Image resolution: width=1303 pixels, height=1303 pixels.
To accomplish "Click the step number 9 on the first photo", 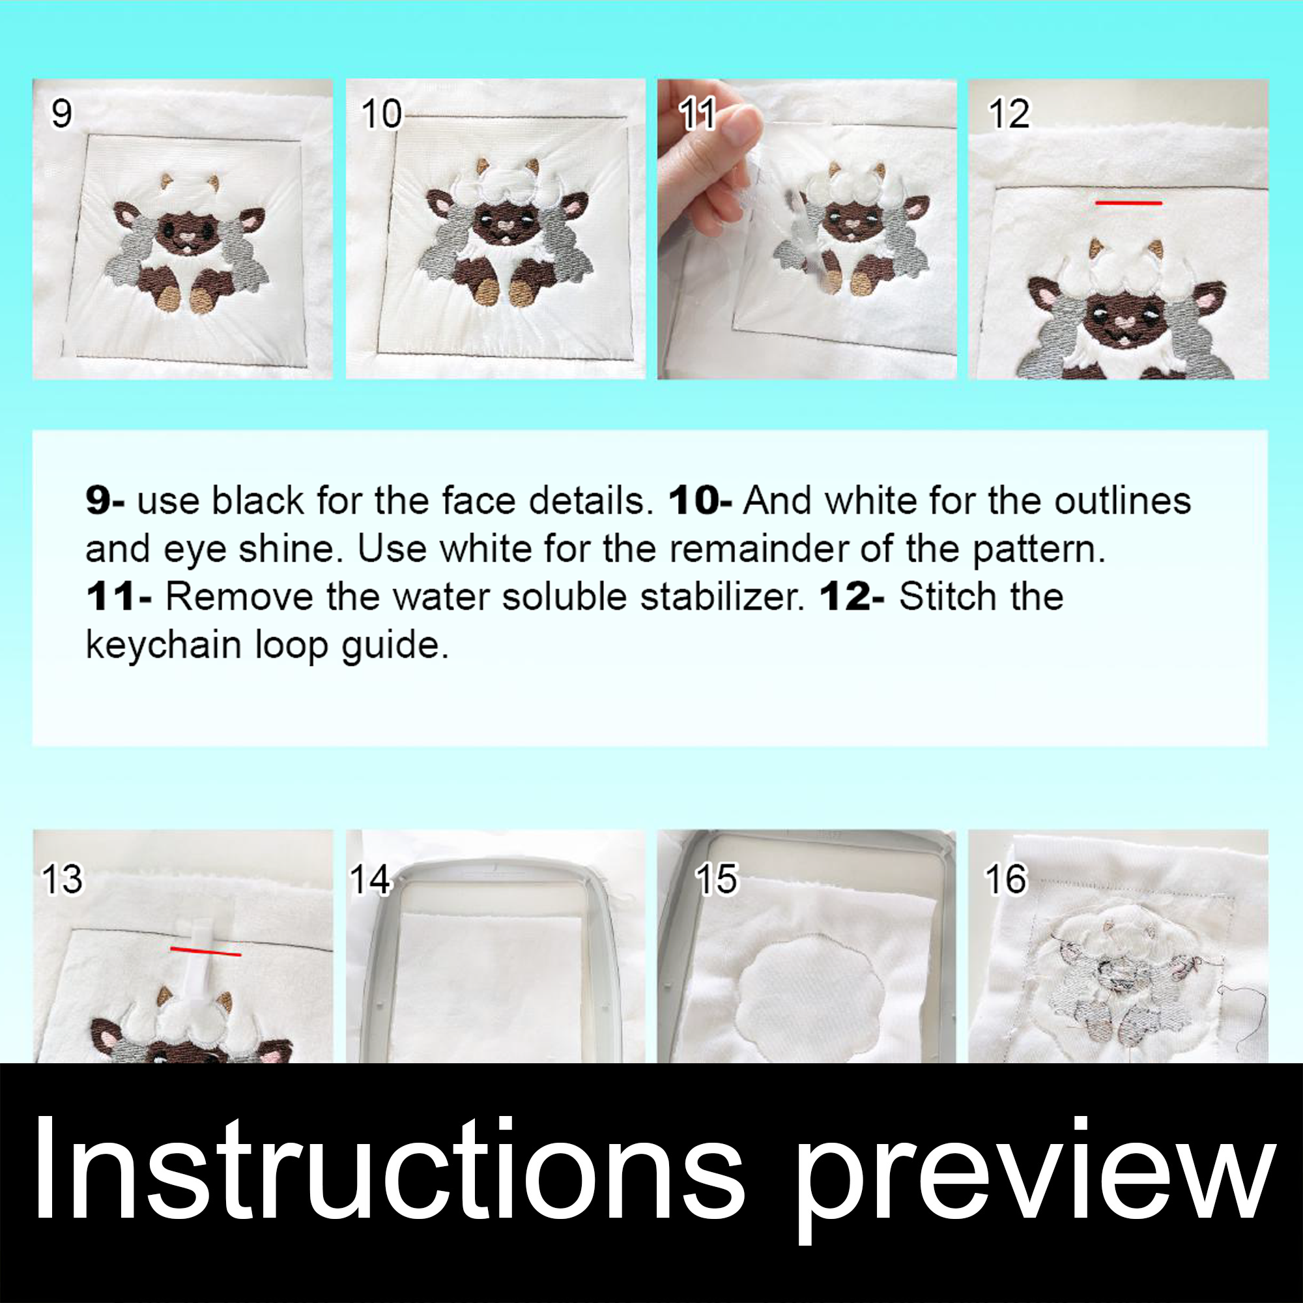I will click(x=61, y=113).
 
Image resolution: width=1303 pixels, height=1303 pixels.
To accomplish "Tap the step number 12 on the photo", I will click(x=1009, y=113).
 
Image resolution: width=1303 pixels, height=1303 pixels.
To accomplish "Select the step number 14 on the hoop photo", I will click(x=369, y=880).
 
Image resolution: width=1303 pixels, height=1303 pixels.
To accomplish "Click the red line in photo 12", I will click(x=1128, y=203).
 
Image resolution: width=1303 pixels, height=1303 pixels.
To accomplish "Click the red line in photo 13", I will click(x=205, y=952).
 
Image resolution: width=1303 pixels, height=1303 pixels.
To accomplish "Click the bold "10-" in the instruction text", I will click(x=699, y=501).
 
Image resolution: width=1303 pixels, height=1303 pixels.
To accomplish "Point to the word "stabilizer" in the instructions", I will click(x=721, y=597).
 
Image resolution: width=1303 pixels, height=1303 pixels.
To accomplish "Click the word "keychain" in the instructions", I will click(x=164, y=646).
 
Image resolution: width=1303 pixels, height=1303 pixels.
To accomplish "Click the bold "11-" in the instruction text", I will click(x=119, y=597).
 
